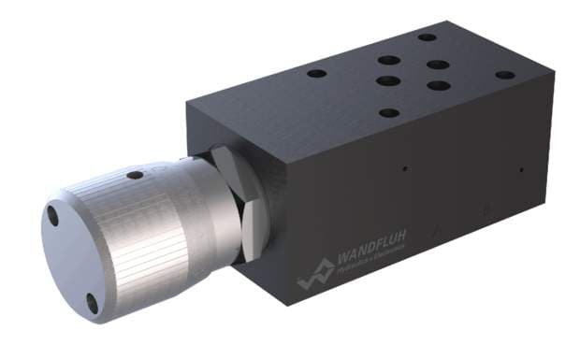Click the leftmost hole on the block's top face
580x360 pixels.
[x=317, y=73]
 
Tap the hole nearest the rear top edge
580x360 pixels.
[x=427, y=38]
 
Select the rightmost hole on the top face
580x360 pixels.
[x=504, y=75]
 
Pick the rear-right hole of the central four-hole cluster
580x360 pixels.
[x=436, y=65]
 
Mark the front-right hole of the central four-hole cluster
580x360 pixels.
[x=436, y=86]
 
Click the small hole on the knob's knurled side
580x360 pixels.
[x=135, y=175]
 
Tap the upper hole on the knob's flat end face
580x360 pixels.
[x=53, y=217]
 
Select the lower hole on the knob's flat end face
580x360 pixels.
[x=92, y=301]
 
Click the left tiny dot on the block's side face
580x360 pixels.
[x=405, y=169]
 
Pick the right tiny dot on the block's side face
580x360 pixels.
[x=522, y=171]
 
